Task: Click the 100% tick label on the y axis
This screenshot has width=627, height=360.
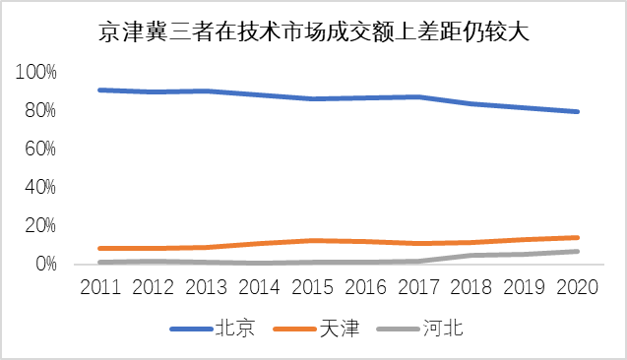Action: [36, 72]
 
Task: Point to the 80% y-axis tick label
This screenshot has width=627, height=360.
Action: [39, 110]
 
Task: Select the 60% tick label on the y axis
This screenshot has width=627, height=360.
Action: [39, 149]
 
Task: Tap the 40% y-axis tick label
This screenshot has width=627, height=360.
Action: [39, 187]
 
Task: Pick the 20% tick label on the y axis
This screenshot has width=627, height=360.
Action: [39, 225]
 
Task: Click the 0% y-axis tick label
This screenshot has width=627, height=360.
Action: [44, 264]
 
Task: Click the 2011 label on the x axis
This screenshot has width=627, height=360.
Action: [101, 287]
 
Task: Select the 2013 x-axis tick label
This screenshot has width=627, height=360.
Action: [207, 287]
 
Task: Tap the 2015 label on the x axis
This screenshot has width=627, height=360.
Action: [312, 287]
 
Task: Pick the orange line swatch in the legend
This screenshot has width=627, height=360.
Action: [294, 330]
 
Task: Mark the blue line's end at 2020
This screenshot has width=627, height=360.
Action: [578, 112]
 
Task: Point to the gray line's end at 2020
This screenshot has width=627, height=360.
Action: [578, 252]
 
